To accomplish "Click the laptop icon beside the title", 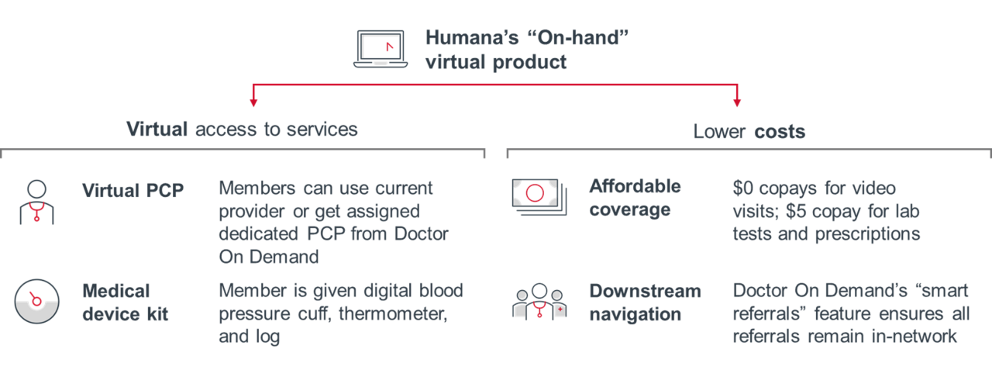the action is (381, 49).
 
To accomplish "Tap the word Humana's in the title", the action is (472, 38).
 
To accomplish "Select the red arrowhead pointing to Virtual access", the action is (253, 102).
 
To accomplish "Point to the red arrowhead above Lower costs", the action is (737, 102).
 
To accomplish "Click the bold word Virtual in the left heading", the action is (157, 129).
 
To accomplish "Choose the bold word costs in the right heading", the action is (780, 132).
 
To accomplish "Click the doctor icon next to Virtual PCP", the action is (36, 202).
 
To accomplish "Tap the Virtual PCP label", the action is (133, 190).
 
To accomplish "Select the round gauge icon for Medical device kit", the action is (36, 301).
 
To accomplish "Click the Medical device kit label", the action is (126, 303).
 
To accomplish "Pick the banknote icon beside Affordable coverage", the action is (539, 197).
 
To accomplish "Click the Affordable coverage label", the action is (635, 198).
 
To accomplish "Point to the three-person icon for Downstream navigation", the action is (539, 302).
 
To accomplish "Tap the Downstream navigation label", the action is (646, 303).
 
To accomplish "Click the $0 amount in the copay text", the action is (742, 188).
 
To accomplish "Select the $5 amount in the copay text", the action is (796, 211).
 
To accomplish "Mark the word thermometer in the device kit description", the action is (393, 314).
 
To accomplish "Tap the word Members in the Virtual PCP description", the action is (257, 188).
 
